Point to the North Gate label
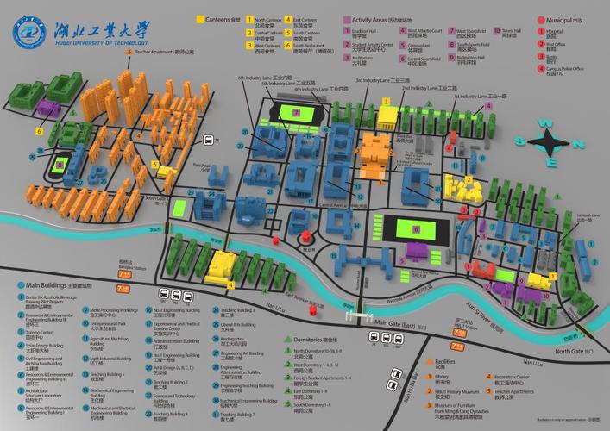[575, 351]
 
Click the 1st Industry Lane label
[480, 97]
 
